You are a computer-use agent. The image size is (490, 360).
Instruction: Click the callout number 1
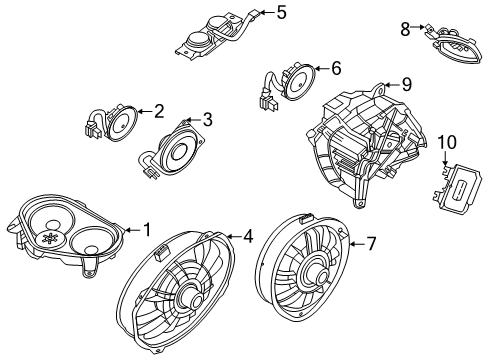(146, 230)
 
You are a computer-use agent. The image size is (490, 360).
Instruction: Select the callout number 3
(207, 120)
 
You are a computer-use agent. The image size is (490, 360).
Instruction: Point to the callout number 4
(246, 237)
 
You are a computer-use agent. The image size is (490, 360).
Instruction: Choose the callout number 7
(370, 243)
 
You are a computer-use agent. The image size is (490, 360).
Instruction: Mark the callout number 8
(405, 29)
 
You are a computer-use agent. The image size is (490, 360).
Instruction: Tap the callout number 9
(407, 85)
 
